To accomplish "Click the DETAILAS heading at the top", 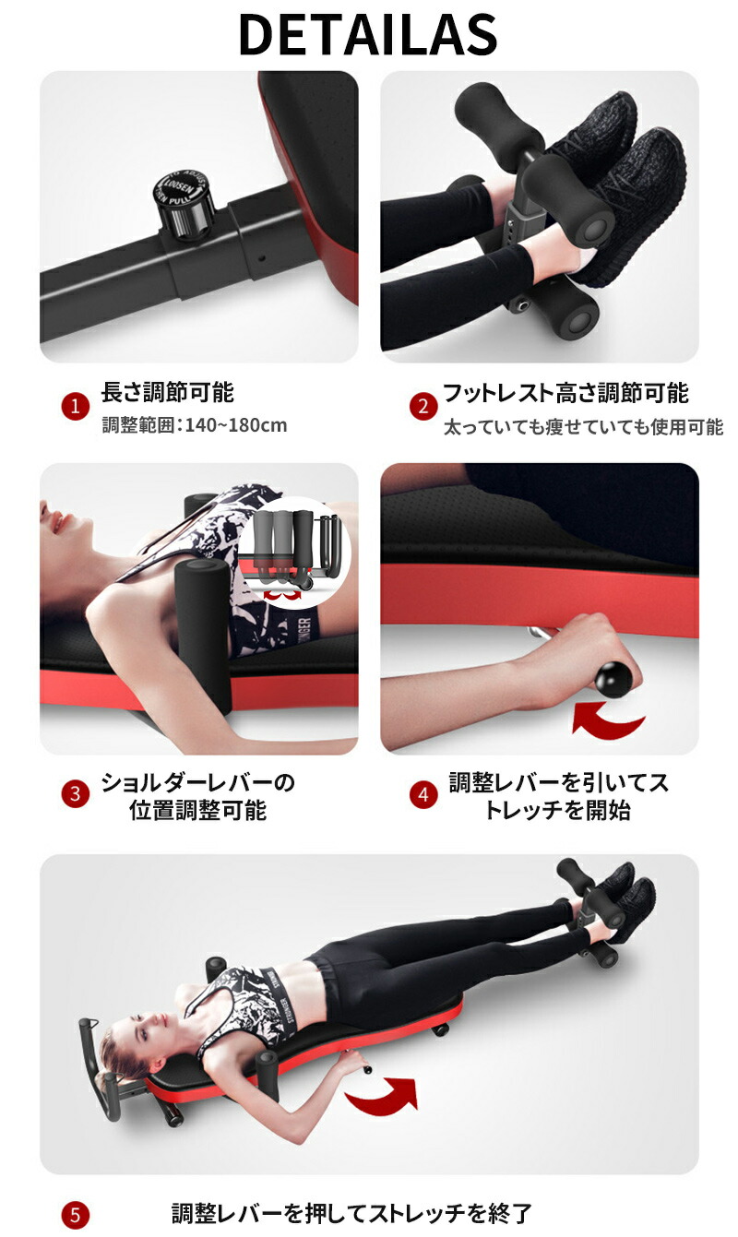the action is pyautogui.click(x=368, y=34).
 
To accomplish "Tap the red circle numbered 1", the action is pyautogui.click(x=75, y=407).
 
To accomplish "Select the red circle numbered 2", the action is pyautogui.click(x=423, y=407).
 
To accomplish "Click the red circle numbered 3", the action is pyautogui.click(x=75, y=794).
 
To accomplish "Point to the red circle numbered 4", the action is pyautogui.click(x=423, y=794).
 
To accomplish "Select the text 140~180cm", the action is pyautogui.click(x=236, y=426).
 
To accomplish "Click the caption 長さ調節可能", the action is pyautogui.click(x=167, y=393).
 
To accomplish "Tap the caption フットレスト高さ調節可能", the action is pyautogui.click(x=565, y=393).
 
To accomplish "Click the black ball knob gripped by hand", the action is pyautogui.click(x=613, y=679).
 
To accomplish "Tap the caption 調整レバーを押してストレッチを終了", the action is pyautogui.click(x=351, y=1213).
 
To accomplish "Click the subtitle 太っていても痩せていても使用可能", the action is pyautogui.click(x=583, y=427).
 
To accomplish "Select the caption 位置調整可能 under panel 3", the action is pyautogui.click(x=197, y=811).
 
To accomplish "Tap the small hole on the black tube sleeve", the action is pyautogui.click(x=262, y=257).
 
